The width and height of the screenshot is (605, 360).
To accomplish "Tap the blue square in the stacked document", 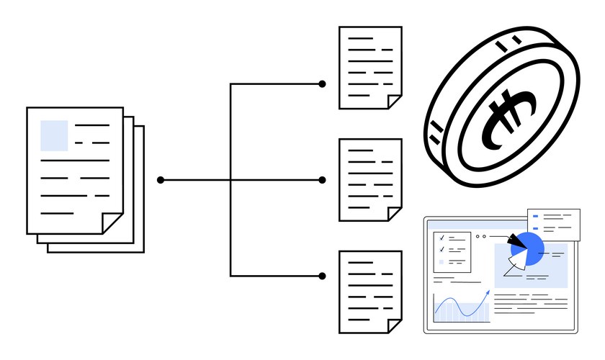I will tap(54, 135).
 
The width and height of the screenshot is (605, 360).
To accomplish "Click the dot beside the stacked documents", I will tap(161, 180).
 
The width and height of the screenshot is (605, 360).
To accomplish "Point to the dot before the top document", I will tap(322, 84).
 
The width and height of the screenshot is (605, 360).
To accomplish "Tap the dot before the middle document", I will tap(322, 180).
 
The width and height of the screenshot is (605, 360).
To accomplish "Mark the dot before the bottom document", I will tap(322, 276).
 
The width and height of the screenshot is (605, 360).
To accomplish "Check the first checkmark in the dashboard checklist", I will tap(441, 238).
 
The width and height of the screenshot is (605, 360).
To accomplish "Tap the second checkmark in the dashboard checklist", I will tap(441, 249).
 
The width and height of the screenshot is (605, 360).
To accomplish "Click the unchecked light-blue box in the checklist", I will tap(441, 261).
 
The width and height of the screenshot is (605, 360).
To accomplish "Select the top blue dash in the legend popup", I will tap(536, 216).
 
